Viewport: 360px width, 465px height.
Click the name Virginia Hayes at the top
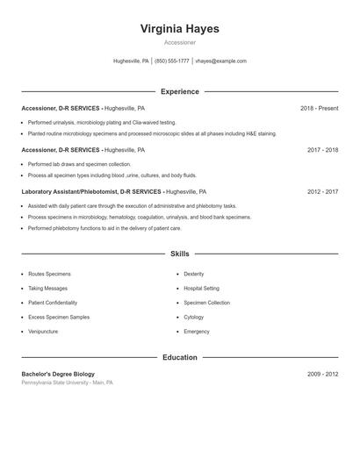(x=179, y=28)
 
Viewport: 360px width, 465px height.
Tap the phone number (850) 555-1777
(x=172, y=61)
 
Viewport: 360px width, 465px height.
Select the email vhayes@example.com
(x=220, y=61)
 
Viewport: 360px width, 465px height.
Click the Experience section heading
(x=179, y=91)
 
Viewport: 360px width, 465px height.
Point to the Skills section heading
(x=179, y=254)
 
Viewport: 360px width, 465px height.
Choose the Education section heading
(x=179, y=357)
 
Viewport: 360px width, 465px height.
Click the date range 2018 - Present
(x=319, y=108)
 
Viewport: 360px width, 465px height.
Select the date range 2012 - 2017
(x=323, y=191)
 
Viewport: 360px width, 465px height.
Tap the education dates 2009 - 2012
(x=323, y=374)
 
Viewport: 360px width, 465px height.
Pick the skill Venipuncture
(x=44, y=332)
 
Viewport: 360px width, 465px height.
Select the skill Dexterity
(x=193, y=274)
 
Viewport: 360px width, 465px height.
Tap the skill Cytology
(x=193, y=317)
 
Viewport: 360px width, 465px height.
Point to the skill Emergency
(x=196, y=332)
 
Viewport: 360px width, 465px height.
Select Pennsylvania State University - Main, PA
(x=67, y=383)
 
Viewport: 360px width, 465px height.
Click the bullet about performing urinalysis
(x=101, y=123)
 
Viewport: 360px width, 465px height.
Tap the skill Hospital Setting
(x=201, y=288)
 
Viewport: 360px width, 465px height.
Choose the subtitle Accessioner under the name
(x=179, y=42)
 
